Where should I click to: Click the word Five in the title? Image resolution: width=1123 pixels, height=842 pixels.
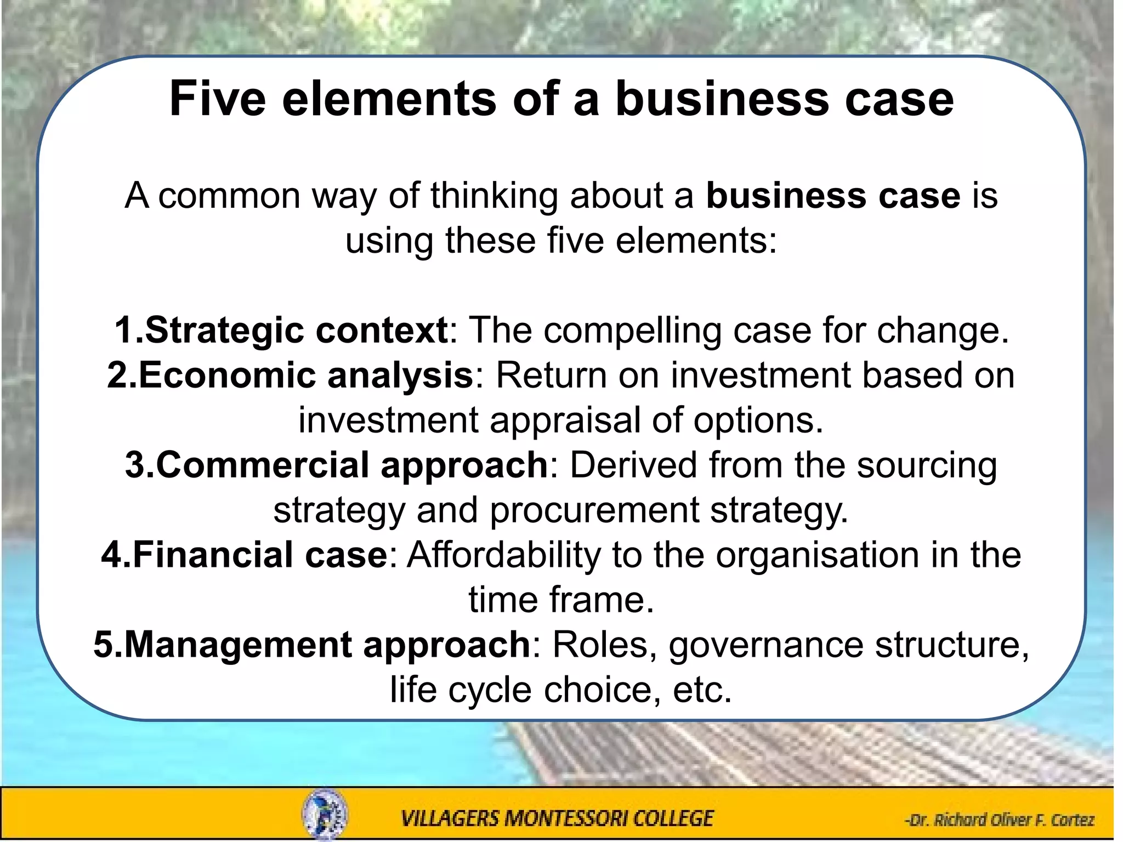click(x=218, y=99)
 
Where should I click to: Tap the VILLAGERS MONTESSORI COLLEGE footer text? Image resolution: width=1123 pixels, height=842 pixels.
click(x=557, y=818)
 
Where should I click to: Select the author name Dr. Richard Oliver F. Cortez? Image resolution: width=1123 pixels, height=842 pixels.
click(x=999, y=820)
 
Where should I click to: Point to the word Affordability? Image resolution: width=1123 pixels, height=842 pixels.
click(x=504, y=555)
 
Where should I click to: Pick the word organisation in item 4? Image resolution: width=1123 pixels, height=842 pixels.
click(x=817, y=555)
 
